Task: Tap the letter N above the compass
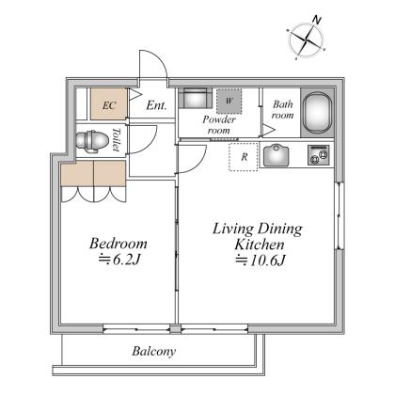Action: (x=317, y=21)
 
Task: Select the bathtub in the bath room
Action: (x=317, y=113)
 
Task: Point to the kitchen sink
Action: (x=276, y=155)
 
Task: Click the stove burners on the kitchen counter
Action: (x=319, y=155)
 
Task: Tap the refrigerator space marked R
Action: (x=244, y=157)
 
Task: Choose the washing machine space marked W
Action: (x=229, y=102)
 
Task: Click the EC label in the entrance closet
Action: (x=109, y=105)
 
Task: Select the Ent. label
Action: (x=156, y=105)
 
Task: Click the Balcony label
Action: (x=153, y=351)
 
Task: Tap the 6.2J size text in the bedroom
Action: (x=118, y=260)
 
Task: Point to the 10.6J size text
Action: (x=261, y=261)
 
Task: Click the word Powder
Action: (x=219, y=119)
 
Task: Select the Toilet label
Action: (x=117, y=139)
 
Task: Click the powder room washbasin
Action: (x=196, y=99)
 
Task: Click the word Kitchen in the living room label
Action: (x=260, y=245)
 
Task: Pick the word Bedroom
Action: (x=118, y=244)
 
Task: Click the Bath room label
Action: (x=283, y=109)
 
